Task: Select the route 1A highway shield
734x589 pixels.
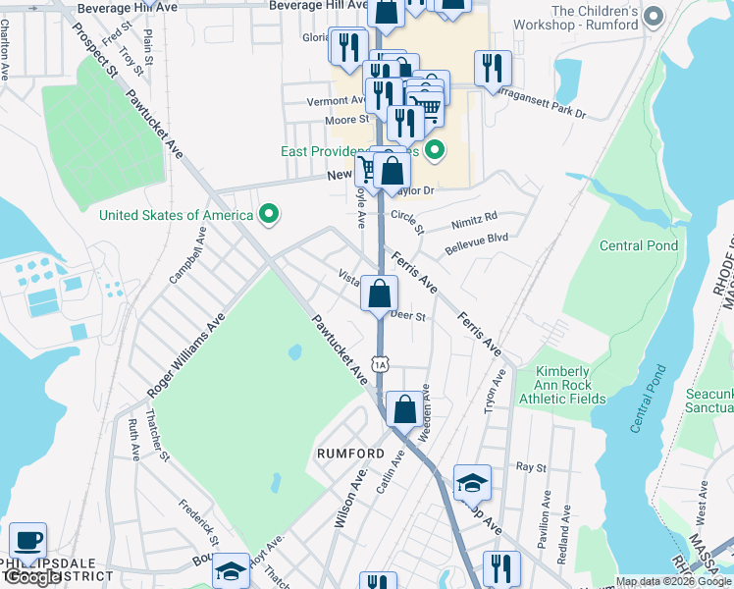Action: point(382,363)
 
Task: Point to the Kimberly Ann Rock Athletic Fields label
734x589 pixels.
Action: point(571,385)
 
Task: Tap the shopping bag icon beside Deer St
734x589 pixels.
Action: point(379,294)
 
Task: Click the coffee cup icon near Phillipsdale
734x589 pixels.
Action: point(27,540)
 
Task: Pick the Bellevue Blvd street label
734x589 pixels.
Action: point(477,239)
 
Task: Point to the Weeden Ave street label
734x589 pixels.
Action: point(424,411)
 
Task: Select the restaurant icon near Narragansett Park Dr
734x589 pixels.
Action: point(493,68)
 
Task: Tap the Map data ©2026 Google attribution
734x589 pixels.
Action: point(673,581)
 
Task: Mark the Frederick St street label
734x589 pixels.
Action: point(197,523)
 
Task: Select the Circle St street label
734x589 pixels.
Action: point(406,221)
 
